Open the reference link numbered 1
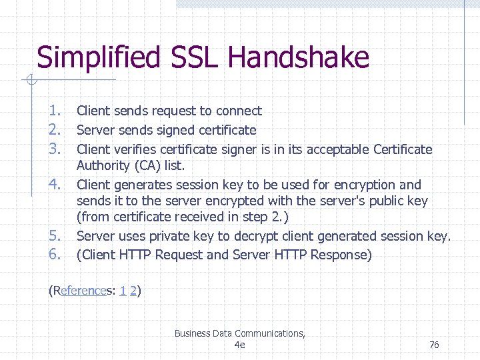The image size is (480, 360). pyautogui.click(x=123, y=291)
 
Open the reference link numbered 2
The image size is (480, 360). pyautogui.click(x=133, y=291)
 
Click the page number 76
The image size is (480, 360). pyautogui.click(x=434, y=345)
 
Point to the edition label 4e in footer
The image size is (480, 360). pyautogui.click(x=240, y=345)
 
